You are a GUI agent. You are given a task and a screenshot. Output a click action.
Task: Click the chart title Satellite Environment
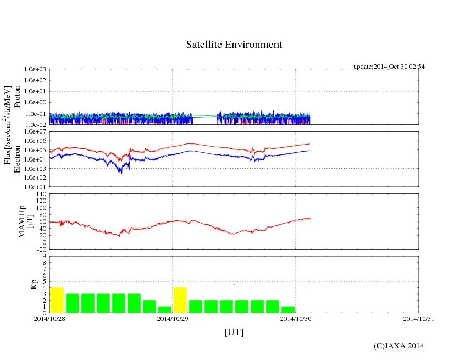[234, 45]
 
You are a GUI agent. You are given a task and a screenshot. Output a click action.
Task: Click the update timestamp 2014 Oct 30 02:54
[389, 67]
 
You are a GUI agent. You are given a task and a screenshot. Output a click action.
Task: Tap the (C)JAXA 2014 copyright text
[398, 346]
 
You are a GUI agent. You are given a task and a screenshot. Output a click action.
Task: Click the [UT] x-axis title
[234, 333]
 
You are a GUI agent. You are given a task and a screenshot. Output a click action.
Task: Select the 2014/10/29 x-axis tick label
[173, 319]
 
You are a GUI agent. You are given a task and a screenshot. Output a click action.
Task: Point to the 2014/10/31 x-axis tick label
[419, 319]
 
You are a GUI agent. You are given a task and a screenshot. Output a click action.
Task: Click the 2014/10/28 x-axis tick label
[49, 319]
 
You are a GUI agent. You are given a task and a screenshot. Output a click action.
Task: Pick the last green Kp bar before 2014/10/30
[288, 309]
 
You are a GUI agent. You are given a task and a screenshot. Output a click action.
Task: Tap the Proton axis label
[18, 97]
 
